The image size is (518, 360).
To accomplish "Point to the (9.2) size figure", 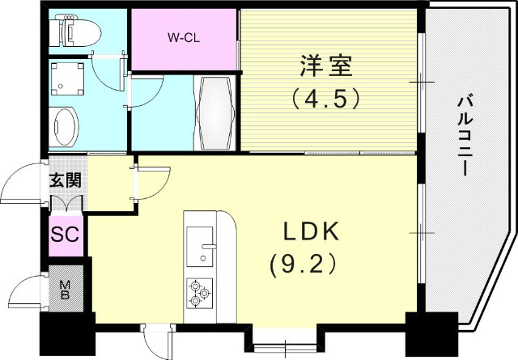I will click(x=300, y=264).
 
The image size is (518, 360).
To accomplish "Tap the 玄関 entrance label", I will click(x=66, y=180).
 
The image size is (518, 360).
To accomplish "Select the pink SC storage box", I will click(x=66, y=235).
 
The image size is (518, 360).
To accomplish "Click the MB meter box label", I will click(x=64, y=288).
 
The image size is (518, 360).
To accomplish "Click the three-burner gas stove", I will click(x=199, y=292).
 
